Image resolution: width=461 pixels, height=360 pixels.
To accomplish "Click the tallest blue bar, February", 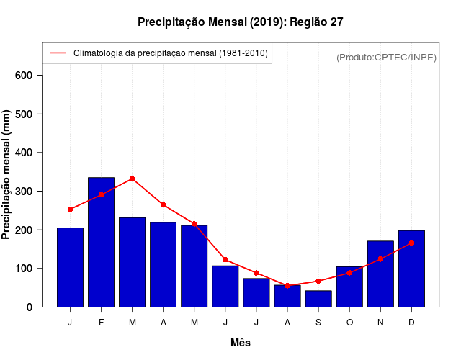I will pos(101,242).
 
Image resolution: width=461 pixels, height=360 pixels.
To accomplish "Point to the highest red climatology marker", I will pos(132,179).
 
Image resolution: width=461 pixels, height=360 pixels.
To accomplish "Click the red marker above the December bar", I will pos(411,243).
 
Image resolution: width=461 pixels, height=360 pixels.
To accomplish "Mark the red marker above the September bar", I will pos(318,281).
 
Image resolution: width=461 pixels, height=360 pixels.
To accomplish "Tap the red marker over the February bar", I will pos(101,194).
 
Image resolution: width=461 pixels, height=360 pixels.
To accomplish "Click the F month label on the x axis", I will pos(101,323).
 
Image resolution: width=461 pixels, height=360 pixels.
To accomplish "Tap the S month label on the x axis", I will pos(318,323).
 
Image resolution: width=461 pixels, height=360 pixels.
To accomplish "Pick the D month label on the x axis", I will pos(411,323).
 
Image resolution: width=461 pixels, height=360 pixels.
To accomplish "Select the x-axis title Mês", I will pos(240,343).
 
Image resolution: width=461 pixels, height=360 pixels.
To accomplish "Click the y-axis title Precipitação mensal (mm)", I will pos(7,175).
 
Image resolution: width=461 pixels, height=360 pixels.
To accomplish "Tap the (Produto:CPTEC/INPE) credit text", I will pos(386,57).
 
